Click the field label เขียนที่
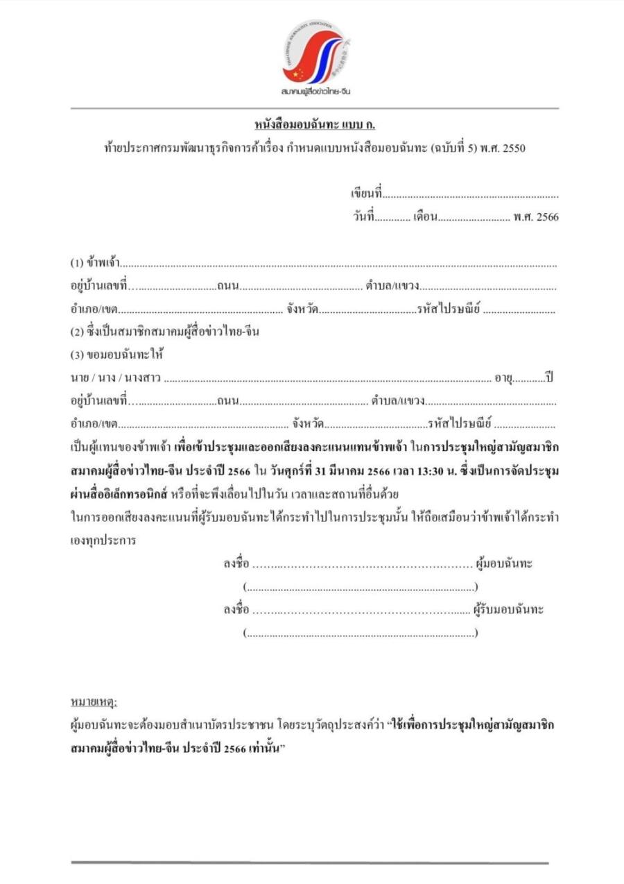click(x=367, y=194)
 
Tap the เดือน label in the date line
click(x=425, y=217)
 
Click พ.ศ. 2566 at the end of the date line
click(x=536, y=217)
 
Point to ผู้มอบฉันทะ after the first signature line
click(x=503, y=563)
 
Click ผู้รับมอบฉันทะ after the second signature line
click(x=508, y=610)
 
